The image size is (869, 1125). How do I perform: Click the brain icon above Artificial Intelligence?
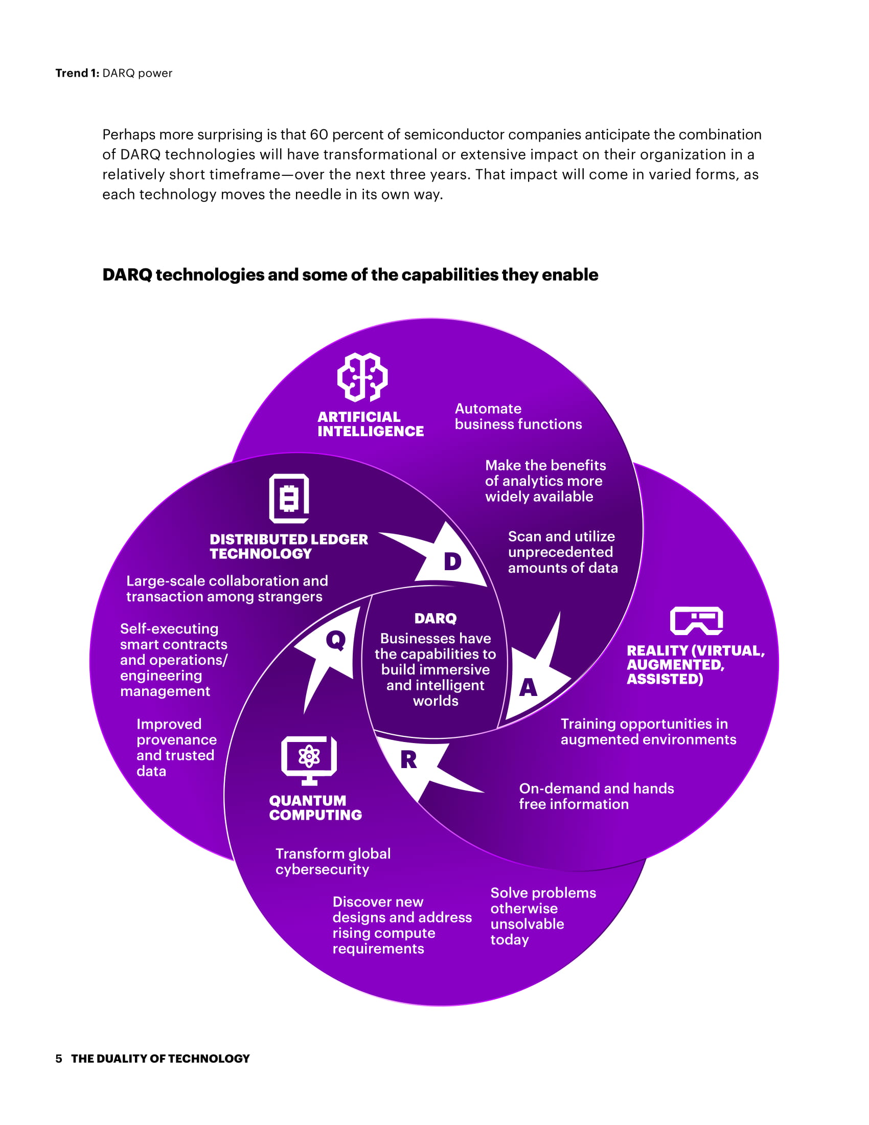(362, 377)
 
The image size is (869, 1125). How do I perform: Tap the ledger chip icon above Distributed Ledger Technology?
(289, 498)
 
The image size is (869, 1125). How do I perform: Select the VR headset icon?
(696, 621)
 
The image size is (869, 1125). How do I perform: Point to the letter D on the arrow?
(452, 561)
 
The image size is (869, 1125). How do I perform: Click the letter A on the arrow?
(528, 688)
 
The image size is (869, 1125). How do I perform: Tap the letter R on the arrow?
(408, 760)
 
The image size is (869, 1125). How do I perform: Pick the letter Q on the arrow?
(336, 640)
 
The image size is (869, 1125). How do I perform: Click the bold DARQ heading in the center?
(436, 618)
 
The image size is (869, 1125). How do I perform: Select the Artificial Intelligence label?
(370, 424)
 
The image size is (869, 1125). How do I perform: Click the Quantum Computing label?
(315, 807)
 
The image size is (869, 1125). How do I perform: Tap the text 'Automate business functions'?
(518, 416)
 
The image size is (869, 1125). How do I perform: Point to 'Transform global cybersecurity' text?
(333, 861)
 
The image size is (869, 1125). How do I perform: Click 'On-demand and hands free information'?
(596, 796)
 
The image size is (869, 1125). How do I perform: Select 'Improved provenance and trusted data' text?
(176, 747)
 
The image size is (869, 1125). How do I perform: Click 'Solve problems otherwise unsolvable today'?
(542, 916)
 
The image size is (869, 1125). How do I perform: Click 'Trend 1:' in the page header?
(77, 73)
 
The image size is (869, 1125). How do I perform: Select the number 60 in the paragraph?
(318, 134)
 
